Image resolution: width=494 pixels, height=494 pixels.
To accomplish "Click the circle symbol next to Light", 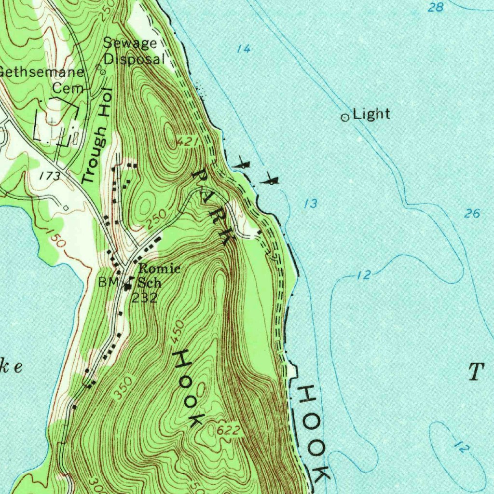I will pos(345,117).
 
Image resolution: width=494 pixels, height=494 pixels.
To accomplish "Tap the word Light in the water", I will pos(371,114).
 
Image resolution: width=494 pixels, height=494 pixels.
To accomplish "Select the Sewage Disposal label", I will pos(134,51).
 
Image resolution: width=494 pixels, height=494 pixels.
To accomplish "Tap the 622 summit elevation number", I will pos(227,430).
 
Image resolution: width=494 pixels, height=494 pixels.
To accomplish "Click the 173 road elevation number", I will pos(50,176).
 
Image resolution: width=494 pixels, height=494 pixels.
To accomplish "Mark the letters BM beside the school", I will pos(108,283).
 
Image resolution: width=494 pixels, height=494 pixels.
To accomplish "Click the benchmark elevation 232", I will pos(145,298).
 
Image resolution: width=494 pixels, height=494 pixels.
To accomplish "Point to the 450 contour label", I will pos(177,332).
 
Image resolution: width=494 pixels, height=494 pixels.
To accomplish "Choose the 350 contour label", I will pos(123,388).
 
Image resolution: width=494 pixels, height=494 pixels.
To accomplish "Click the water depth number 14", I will pos(244,49).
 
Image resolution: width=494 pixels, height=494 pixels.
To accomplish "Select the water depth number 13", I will pos(311,204).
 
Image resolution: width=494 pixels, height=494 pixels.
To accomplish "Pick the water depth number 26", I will pos(472,213).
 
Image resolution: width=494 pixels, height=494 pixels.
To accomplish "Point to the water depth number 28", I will pos(436,7).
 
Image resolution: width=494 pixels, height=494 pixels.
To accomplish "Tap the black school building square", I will pos(128,287).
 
